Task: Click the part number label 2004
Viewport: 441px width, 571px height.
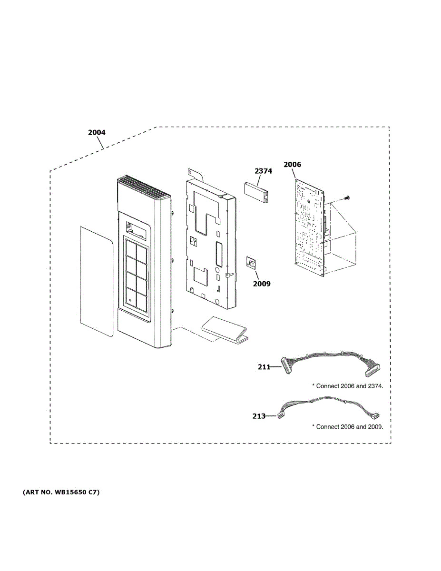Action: (x=97, y=133)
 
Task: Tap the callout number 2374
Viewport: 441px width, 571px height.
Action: (x=263, y=171)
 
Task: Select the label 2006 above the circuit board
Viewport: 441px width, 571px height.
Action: (x=292, y=165)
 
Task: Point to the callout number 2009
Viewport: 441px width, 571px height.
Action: (x=262, y=284)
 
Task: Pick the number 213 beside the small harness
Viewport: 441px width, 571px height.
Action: (x=259, y=416)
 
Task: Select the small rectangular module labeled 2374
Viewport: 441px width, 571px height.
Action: (x=257, y=192)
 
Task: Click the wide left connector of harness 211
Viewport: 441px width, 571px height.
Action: (x=287, y=365)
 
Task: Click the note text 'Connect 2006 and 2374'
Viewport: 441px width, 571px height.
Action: (x=348, y=386)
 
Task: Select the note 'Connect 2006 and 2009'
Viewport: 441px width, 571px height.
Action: (x=348, y=427)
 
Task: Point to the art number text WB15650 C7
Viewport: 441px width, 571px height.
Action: (x=61, y=492)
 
